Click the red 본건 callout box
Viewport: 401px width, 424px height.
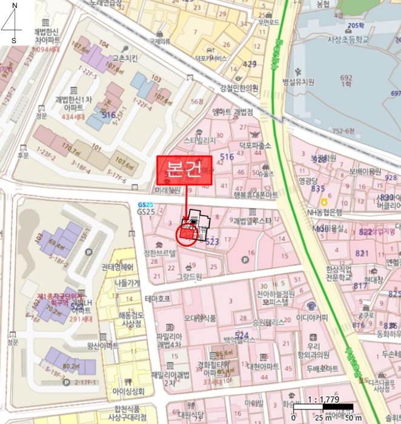point(185,170)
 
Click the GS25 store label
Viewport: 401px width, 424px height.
point(146,212)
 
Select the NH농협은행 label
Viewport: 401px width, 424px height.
point(325,211)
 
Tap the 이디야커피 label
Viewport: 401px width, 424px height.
point(312,317)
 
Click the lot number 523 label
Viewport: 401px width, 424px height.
point(211,241)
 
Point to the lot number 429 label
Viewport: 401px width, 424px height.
point(249,64)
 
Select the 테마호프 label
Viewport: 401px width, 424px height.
point(158,299)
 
